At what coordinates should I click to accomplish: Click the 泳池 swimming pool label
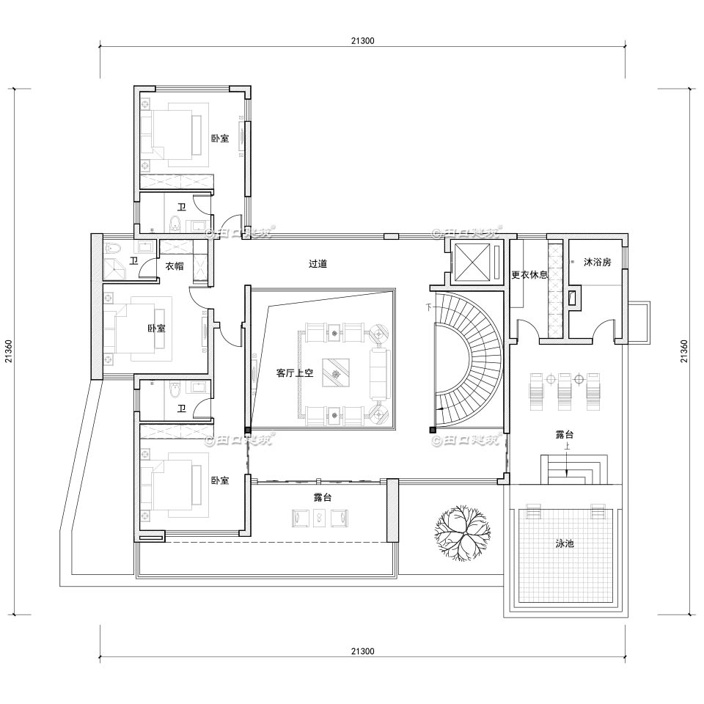pyautogui.click(x=564, y=544)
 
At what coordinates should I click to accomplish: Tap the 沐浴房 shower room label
pyautogui.click(x=597, y=262)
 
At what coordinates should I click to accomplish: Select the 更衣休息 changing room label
pyautogui.click(x=529, y=275)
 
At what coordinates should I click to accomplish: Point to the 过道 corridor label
pyautogui.click(x=318, y=263)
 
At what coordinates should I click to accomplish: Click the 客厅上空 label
pyautogui.click(x=295, y=373)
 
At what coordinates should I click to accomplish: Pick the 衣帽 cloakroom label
pyautogui.click(x=175, y=267)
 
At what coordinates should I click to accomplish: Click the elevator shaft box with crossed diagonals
pyautogui.click(x=474, y=260)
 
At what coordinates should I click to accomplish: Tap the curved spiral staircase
pyautogui.click(x=469, y=359)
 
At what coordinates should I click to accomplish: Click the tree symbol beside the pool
pyautogui.click(x=461, y=533)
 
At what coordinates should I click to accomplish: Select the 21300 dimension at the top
pyautogui.click(x=362, y=41)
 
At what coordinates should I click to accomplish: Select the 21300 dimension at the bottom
pyautogui.click(x=362, y=650)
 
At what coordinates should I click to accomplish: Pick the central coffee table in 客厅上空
pyautogui.click(x=337, y=373)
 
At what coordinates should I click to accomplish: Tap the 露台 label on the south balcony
pyautogui.click(x=318, y=497)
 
